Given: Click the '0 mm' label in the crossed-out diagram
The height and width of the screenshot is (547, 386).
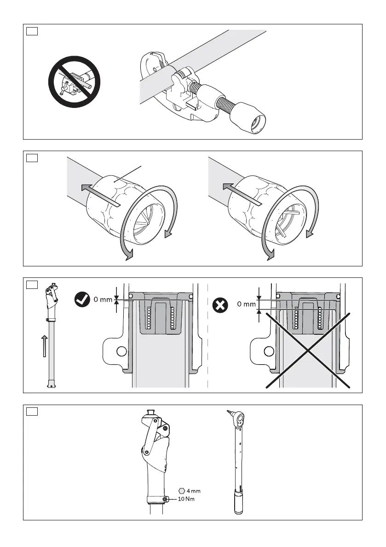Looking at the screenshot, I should (x=246, y=304).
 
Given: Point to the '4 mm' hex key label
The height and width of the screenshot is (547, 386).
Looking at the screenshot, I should (x=193, y=491).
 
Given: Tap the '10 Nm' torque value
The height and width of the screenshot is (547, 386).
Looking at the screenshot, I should (x=186, y=499).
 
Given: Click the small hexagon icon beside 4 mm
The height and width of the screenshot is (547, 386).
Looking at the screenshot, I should (x=182, y=491).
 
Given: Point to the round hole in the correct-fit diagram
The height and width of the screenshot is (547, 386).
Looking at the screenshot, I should (x=121, y=351).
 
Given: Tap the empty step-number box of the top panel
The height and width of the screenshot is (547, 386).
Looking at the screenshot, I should (x=32, y=31).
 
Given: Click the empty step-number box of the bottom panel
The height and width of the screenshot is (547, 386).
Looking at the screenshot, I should (x=32, y=411).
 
